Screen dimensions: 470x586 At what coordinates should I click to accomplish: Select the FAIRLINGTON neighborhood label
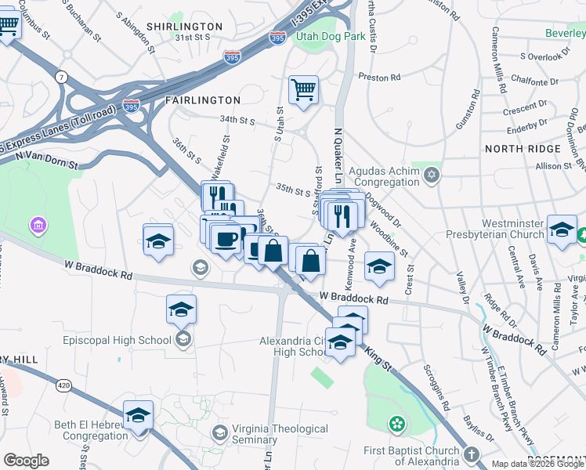[203, 100]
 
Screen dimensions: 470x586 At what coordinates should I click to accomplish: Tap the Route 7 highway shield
[60, 77]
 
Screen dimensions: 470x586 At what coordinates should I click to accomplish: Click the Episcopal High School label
[118, 340]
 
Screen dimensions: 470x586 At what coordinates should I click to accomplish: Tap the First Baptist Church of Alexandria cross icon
[471, 454]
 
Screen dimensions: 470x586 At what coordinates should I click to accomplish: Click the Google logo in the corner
[26, 461]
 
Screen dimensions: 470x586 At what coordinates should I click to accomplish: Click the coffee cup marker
[226, 237]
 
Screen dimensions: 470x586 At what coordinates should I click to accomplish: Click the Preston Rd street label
[379, 78]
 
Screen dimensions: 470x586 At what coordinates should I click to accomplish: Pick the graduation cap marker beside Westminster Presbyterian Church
[562, 229]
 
